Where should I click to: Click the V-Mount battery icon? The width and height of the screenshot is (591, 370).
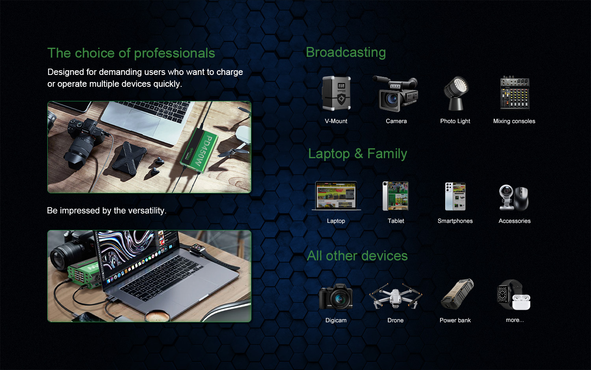point(336,93)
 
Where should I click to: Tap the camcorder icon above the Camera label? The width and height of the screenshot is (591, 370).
point(396,94)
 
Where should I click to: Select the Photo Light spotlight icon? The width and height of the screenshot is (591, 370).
point(455,93)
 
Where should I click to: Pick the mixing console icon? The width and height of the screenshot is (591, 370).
point(515,93)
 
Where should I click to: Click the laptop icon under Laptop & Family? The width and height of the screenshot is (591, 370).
point(336,196)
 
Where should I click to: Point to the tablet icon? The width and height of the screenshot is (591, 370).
point(396,196)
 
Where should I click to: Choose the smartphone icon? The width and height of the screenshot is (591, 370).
point(455,196)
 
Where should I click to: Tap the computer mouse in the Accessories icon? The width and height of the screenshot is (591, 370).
point(521,198)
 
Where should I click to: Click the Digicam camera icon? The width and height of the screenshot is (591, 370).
point(336,296)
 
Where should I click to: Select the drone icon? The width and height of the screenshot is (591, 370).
point(395,296)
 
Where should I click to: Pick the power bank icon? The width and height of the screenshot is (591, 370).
point(457,294)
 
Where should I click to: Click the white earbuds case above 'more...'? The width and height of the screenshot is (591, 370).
point(521,302)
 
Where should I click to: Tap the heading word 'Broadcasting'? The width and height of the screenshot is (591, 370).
point(346,52)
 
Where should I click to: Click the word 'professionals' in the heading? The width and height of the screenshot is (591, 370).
point(175,53)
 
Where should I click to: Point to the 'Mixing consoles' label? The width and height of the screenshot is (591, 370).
point(514,121)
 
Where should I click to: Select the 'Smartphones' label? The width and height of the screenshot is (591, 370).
point(455,221)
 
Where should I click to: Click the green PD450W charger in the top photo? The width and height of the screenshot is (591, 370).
point(199,150)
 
